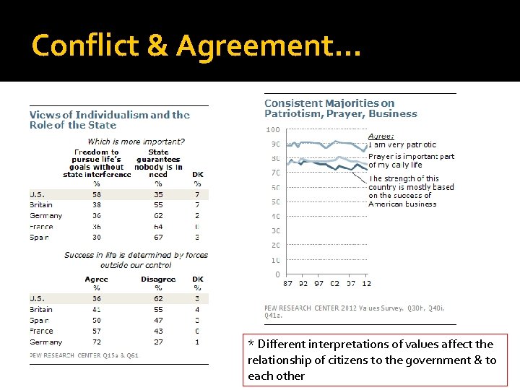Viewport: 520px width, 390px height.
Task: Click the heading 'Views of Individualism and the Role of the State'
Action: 109,119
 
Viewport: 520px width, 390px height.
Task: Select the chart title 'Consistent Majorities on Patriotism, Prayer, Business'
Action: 340,108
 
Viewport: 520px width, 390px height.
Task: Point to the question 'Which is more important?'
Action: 136,142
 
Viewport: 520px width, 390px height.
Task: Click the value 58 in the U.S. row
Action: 96,194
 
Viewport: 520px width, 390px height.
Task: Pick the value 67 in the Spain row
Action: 158,237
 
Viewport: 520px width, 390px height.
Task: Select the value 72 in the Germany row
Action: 96,342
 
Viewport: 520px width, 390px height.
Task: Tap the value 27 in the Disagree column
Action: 158,342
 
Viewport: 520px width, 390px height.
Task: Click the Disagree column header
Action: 157,279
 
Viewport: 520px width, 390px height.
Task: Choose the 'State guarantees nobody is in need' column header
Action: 157,163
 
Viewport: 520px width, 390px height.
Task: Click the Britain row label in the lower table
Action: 41,310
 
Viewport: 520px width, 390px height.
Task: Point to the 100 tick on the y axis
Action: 273,130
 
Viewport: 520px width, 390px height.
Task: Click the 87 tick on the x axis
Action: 288,284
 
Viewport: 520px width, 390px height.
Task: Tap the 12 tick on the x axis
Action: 366,284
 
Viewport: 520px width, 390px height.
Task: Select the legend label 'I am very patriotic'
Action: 402,145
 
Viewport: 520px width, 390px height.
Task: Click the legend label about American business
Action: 411,191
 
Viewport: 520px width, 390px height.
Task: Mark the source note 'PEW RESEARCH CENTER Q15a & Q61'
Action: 84,355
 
